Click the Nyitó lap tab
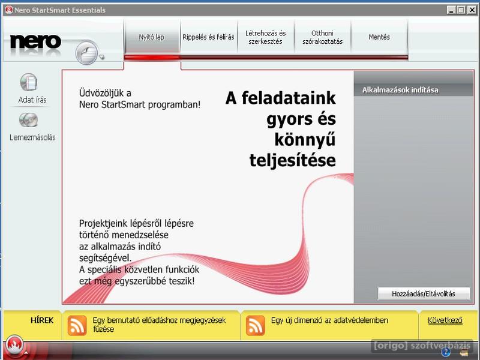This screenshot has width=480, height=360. (152, 37)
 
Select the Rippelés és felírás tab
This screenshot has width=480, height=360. (208, 37)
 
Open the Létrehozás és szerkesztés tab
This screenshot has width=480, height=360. (265, 37)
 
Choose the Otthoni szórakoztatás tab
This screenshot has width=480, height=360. (322, 37)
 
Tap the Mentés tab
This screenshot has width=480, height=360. (379, 37)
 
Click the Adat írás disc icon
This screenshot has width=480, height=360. (29, 82)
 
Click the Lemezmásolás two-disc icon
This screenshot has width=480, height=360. (28, 119)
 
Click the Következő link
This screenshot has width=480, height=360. (445, 320)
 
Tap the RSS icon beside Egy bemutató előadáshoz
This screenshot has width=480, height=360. (77, 325)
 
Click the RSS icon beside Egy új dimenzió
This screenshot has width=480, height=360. (256, 325)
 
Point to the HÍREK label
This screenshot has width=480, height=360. (42, 320)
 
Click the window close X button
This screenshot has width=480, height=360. (472, 10)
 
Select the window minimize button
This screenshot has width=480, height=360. (451, 10)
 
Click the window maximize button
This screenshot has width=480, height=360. (461, 10)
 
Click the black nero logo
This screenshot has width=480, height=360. (35, 41)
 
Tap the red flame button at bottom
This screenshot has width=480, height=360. (14, 345)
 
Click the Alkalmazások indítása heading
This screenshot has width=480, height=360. (400, 90)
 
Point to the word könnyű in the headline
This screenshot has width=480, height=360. (305, 140)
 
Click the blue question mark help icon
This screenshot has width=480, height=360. (445, 353)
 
